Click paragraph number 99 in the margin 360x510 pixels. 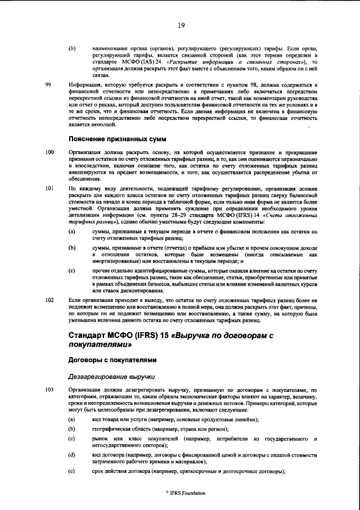tap(48, 85)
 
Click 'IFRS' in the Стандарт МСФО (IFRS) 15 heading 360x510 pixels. tap(141, 336)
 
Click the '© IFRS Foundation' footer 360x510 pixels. tap(181, 493)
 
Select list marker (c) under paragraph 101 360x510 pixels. tap(71, 271)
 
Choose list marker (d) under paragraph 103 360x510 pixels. tap(71, 454)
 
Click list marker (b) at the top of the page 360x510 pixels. tap(71, 48)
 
